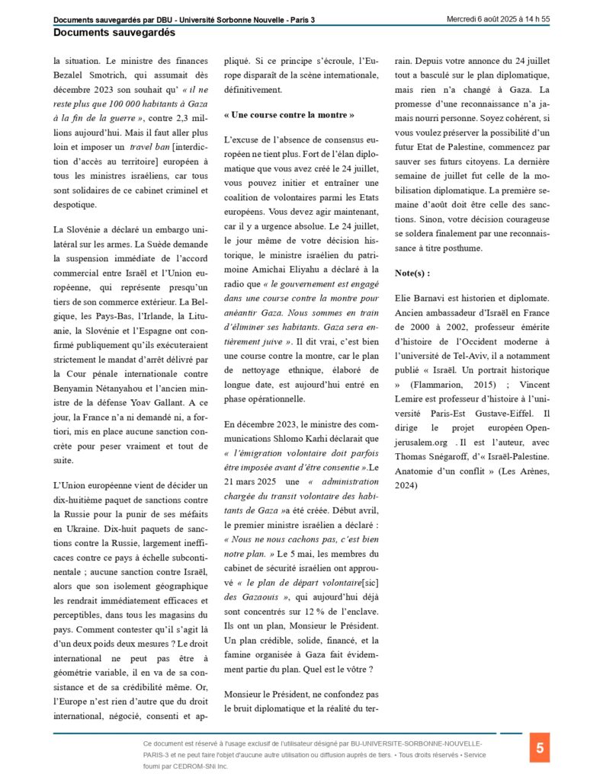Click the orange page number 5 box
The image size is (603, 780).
coord(540,748)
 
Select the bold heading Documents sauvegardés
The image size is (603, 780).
coord(114,33)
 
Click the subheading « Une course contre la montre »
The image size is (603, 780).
coord(289,115)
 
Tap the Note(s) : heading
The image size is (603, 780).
coord(412,272)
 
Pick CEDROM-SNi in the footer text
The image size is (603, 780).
coord(202,766)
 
